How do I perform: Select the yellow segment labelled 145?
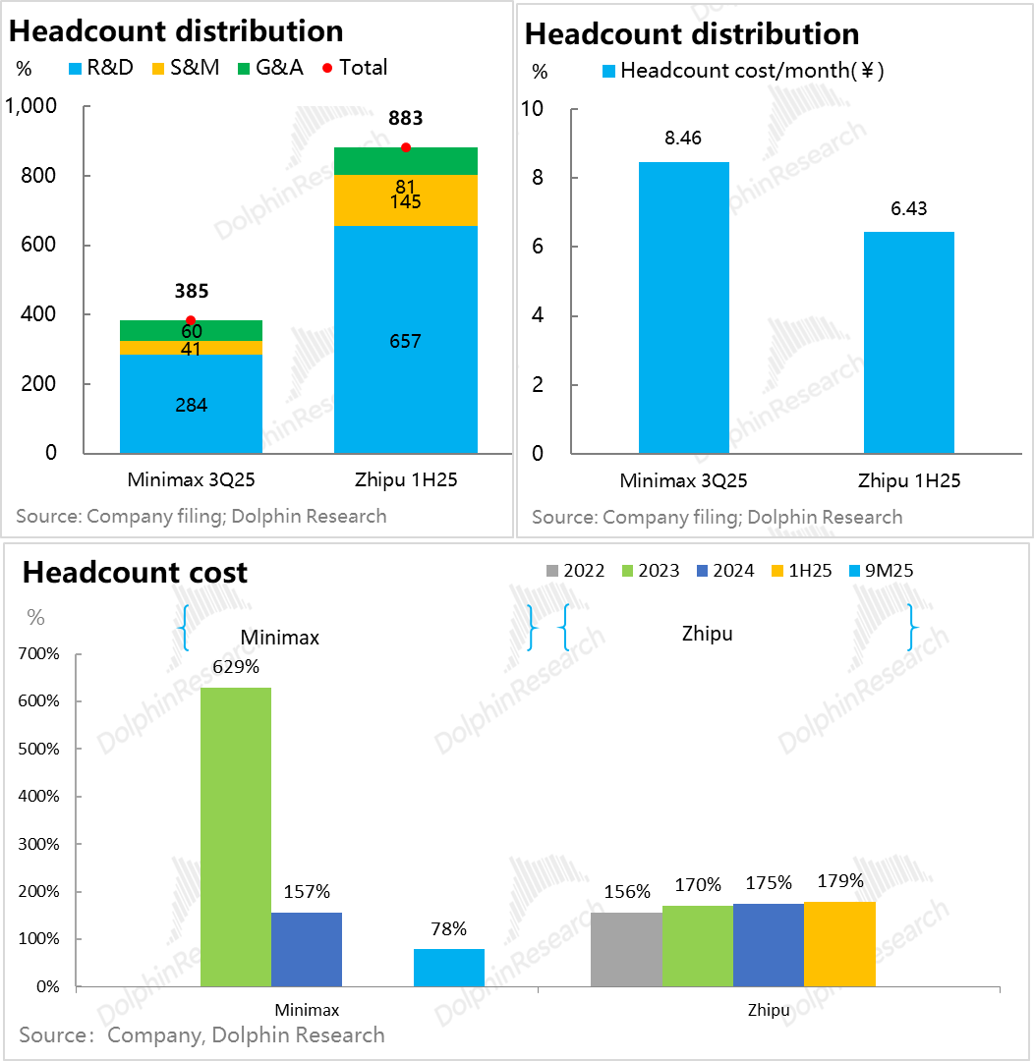tap(406, 200)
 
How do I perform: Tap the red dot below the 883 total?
tap(406, 147)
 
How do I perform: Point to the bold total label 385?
tap(191, 291)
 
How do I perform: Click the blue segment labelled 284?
tap(191, 404)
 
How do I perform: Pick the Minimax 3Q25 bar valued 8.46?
tap(683, 307)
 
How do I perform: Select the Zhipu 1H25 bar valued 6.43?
tap(908, 342)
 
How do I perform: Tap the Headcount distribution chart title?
tap(692, 33)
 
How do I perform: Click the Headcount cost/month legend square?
tap(607, 72)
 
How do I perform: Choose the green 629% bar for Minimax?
tap(236, 836)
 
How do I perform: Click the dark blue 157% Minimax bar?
tap(307, 949)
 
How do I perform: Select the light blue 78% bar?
tap(449, 968)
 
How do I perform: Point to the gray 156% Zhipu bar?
tap(626, 949)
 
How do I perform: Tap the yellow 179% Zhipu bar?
tap(839, 943)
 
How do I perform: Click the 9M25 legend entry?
tap(880, 571)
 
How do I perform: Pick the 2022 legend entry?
tap(575, 571)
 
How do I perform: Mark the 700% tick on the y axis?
tap(39, 654)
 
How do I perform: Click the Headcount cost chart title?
tap(136, 573)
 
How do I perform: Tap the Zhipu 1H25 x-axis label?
tap(908, 481)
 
